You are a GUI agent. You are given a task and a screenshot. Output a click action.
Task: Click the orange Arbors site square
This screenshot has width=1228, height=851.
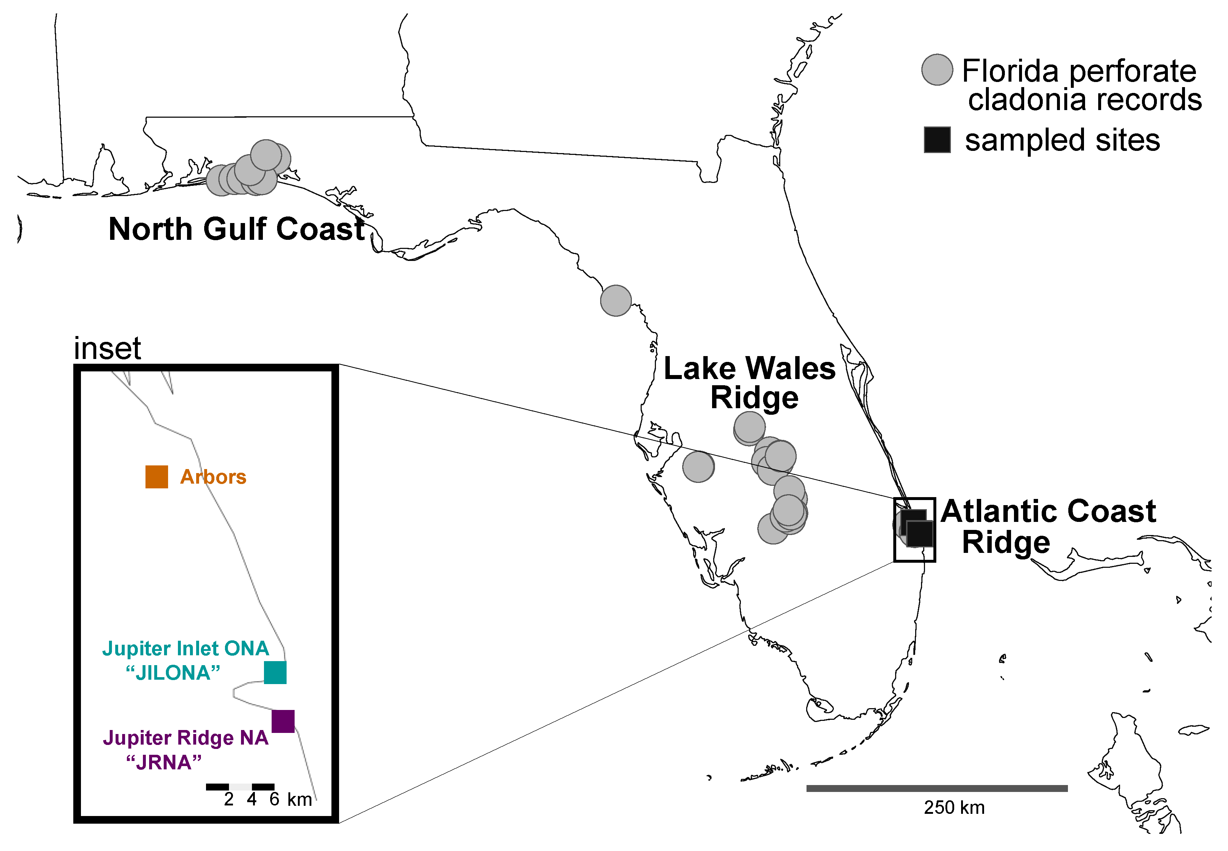pyautogui.click(x=156, y=477)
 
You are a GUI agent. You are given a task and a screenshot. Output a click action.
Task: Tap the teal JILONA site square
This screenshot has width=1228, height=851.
pyautogui.click(x=275, y=672)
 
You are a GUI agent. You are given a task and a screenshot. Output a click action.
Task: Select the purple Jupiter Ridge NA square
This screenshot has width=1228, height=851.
pyautogui.click(x=283, y=721)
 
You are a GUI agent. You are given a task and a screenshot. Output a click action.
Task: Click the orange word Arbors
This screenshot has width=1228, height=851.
pyautogui.click(x=213, y=477)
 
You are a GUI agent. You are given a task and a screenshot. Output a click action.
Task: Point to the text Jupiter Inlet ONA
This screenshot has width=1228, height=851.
pyautogui.click(x=186, y=648)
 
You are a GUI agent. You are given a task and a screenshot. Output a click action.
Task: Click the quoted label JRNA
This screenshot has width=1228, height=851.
pyautogui.click(x=164, y=762)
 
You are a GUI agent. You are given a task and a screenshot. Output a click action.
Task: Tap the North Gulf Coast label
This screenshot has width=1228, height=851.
pyautogui.click(x=236, y=229)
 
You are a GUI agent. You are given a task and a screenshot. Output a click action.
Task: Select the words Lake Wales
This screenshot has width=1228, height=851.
pyautogui.click(x=750, y=369)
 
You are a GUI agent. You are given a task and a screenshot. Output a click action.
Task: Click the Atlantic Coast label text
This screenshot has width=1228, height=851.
pyautogui.click(x=1048, y=511)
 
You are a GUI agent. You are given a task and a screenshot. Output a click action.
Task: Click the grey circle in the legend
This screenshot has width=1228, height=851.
pyautogui.click(x=937, y=70)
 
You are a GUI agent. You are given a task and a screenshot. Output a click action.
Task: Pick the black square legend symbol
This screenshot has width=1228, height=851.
pyautogui.click(x=937, y=140)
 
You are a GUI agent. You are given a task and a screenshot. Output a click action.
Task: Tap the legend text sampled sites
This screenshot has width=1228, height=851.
pyautogui.click(x=1062, y=140)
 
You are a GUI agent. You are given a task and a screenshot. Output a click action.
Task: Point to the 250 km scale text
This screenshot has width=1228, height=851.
pyautogui.click(x=954, y=808)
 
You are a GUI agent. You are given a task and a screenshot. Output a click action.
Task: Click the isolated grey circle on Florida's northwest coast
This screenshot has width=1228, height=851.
pyautogui.click(x=616, y=301)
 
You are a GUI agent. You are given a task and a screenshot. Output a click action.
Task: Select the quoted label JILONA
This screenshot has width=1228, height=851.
pyautogui.click(x=173, y=673)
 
